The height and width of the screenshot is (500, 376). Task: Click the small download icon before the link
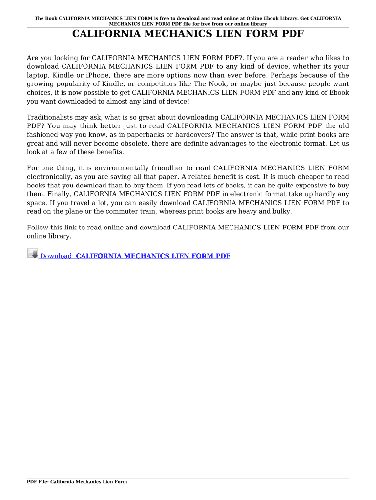pyautogui.click(x=32, y=253)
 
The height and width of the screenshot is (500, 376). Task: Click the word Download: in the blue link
pyautogui.click(x=57, y=256)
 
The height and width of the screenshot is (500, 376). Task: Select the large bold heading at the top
pyautogui.click(x=188, y=35)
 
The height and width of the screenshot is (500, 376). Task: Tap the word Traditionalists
pyautogui.click(x=51, y=117)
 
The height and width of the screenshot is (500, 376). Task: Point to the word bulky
pyautogui.click(x=281, y=212)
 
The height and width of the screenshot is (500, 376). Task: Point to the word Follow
pyautogui.click(x=37, y=228)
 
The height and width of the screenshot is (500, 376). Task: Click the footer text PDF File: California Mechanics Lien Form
pyautogui.click(x=77, y=482)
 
